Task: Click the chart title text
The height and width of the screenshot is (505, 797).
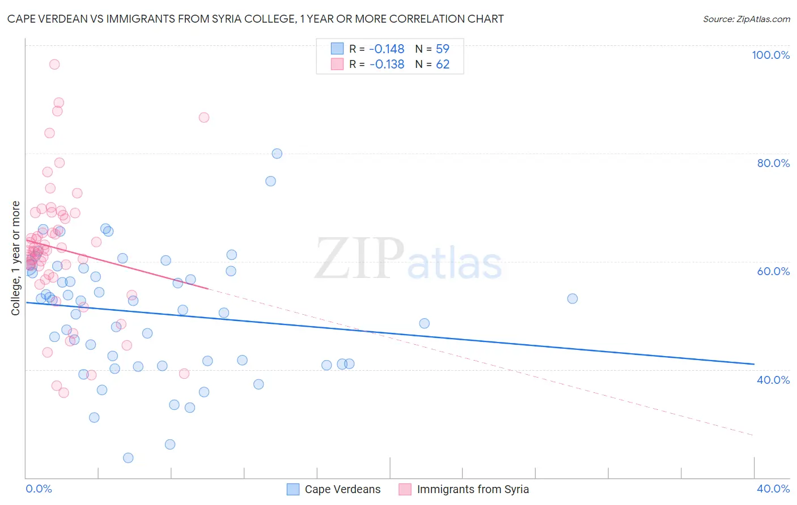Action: [255, 19]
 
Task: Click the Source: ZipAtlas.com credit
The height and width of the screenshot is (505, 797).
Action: [746, 19]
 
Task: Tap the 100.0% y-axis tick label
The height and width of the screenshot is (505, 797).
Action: [770, 55]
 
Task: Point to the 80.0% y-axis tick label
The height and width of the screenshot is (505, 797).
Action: [773, 163]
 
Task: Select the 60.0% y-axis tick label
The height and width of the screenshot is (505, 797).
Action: [773, 271]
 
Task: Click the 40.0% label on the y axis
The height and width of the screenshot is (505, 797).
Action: [773, 380]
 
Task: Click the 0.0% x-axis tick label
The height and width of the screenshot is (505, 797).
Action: [39, 489]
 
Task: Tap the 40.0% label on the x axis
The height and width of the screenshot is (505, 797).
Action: [773, 489]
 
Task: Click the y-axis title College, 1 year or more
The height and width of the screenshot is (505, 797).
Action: [16, 258]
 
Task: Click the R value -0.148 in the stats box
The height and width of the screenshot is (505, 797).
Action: [387, 49]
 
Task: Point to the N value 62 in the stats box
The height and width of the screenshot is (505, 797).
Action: [443, 65]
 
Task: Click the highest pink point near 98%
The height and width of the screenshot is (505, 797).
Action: [54, 64]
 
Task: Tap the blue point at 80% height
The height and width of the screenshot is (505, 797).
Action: [277, 153]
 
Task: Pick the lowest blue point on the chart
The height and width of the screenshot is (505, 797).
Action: [128, 457]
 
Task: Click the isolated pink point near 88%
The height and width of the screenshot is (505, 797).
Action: [204, 117]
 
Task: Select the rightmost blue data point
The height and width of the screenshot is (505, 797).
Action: [573, 298]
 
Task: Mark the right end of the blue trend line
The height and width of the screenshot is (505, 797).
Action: [754, 363]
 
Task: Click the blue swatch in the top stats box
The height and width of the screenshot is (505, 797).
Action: [337, 49]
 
